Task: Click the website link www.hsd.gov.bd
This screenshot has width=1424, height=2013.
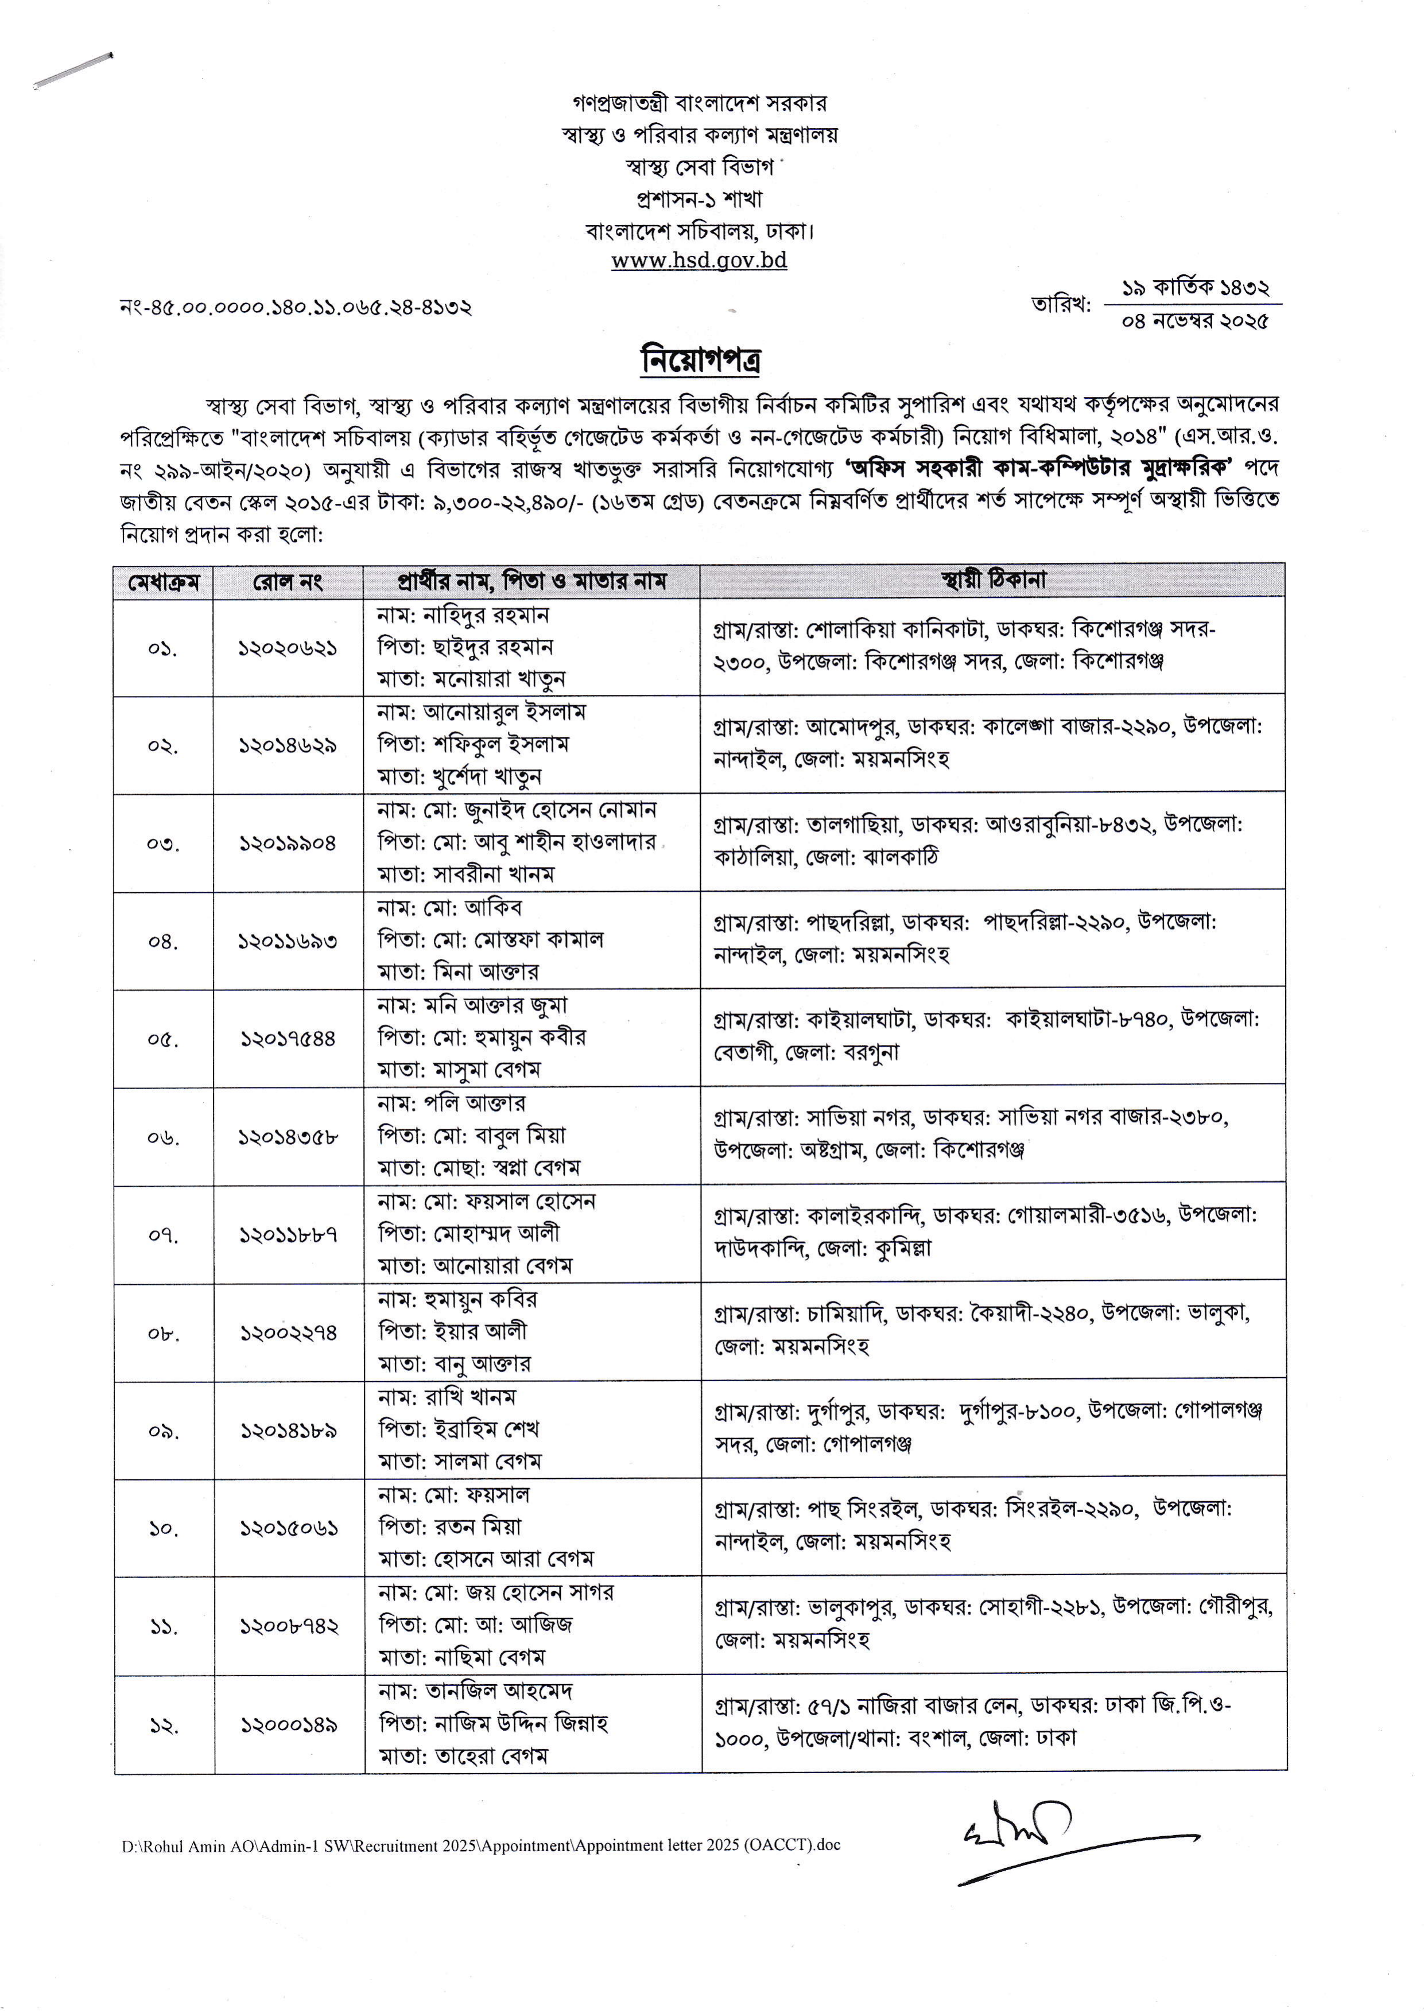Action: [x=699, y=261]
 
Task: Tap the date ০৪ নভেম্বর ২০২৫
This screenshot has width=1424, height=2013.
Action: [x=1194, y=322]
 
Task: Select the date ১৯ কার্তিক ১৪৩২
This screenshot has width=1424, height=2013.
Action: [x=1194, y=287]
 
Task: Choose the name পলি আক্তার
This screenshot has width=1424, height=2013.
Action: [x=474, y=1104]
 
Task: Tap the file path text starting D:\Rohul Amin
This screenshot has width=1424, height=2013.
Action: [x=480, y=1845]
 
